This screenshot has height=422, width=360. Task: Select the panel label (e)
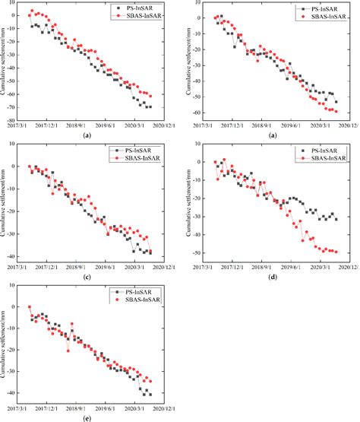[89, 417]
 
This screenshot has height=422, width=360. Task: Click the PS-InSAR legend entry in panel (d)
[318, 151]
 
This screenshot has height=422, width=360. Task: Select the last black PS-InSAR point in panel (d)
[336, 219]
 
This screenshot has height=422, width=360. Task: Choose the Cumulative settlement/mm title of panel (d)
[188, 204]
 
